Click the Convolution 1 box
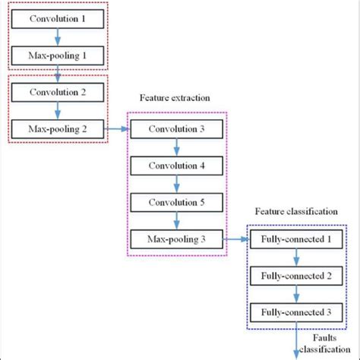(58, 17)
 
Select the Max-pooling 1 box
(58, 55)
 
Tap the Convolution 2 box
(58, 91)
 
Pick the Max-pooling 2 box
(58, 128)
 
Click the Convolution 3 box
(175, 129)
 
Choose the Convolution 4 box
(175, 166)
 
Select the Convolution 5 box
(175, 203)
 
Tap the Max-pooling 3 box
(175, 240)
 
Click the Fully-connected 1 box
(294, 240)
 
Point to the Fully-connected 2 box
(294, 276)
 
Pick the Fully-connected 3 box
(294, 313)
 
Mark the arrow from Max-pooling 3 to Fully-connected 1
(236, 240)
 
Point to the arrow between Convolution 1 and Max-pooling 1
(58, 36)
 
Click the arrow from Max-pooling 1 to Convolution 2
(58, 73)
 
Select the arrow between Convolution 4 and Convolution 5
(175, 185)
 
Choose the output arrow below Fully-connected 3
(294, 340)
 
